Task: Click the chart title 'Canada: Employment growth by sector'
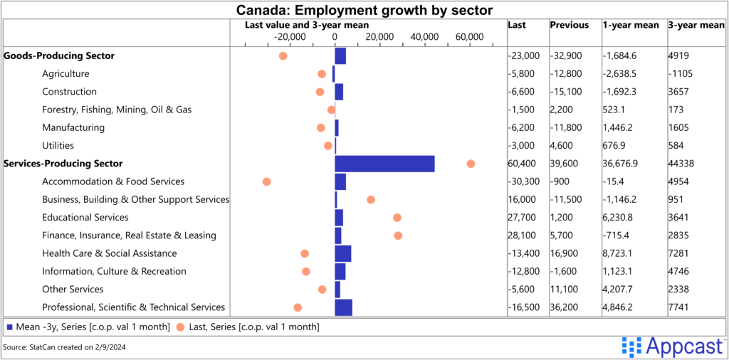pyautogui.click(x=364, y=10)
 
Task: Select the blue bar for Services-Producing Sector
pyautogui.click(x=384, y=164)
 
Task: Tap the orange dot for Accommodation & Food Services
pyautogui.click(x=267, y=181)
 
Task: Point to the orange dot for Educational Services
pyautogui.click(x=397, y=218)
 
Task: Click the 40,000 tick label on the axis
pyautogui.click(x=424, y=37)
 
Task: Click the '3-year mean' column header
pyautogui.click(x=696, y=25)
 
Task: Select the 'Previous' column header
pyautogui.click(x=569, y=25)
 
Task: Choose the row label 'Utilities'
pyautogui.click(x=58, y=145)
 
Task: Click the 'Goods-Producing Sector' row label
pyautogui.click(x=59, y=55)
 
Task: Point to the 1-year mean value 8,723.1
pyautogui.click(x=621, y=253)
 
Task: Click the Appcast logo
pyautogui.click(x=672, y=346)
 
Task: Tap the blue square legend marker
pyautogui.click(x=9, y=327)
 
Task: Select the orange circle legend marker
pyautogui.click(x=180, y=327)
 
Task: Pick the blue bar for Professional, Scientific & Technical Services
pyautogui.click(x=343, y=307)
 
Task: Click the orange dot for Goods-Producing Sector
pyautogui.click(x=283, y=55)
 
